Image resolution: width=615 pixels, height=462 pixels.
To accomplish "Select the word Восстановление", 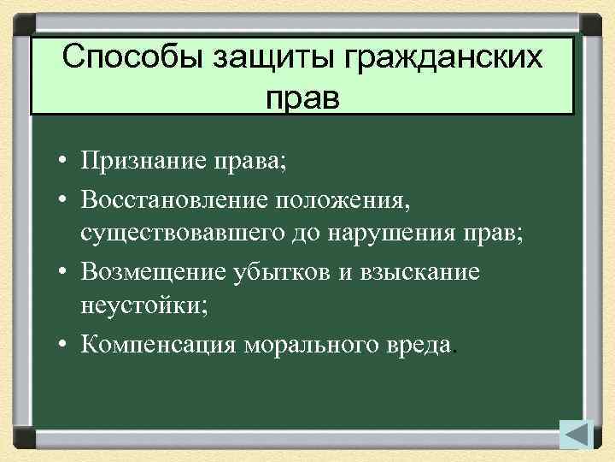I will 174,198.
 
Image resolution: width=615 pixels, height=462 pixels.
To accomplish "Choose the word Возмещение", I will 155,271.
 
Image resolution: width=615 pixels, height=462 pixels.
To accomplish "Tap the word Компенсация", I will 160,345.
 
